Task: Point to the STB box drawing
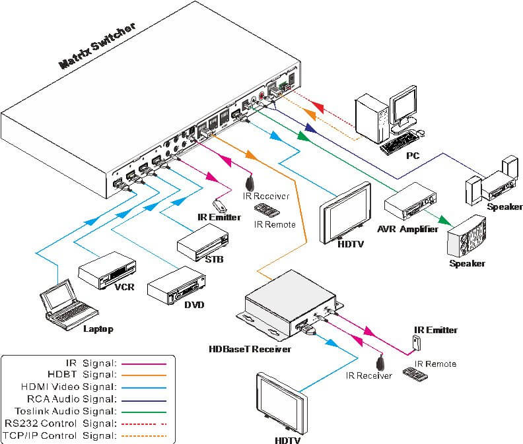coord(202,241)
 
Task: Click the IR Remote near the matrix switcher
coord(266,211)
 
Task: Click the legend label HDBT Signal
coord(93,374)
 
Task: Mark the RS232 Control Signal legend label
coord(60,423)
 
